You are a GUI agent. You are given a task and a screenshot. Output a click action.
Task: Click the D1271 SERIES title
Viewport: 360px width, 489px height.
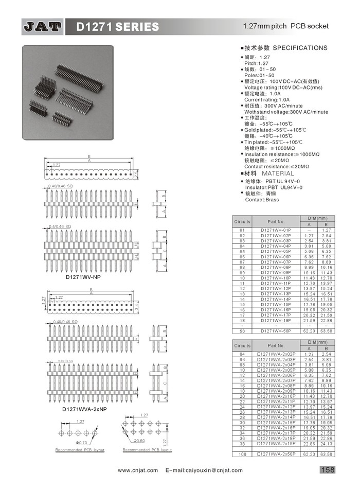(118, 26)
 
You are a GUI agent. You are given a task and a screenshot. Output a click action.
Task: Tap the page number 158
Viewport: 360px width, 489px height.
(328, 469)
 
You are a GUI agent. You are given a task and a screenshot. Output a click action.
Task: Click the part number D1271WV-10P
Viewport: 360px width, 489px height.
(276, 278)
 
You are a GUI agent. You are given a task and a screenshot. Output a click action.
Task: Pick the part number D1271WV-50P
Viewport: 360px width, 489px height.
(276, 331)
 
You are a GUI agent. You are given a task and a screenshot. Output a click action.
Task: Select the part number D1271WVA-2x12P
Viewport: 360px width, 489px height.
(276, 407)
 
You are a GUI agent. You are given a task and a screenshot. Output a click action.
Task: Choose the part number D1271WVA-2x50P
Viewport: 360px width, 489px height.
(276, 454)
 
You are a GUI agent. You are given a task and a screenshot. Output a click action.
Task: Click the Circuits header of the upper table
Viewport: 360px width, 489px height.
(242, 221)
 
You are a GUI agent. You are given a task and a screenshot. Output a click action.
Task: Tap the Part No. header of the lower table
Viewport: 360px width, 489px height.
(276, 345)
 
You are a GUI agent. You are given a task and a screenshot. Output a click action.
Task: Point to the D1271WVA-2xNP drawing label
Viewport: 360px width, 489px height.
(84, 409)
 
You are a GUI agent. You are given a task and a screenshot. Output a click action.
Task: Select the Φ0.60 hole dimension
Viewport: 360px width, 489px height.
(139, 441)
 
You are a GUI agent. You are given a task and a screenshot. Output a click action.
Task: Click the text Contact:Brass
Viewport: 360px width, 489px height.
(262, 199)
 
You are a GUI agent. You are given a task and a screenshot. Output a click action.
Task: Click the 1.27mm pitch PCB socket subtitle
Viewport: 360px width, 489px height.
(285, 26)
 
